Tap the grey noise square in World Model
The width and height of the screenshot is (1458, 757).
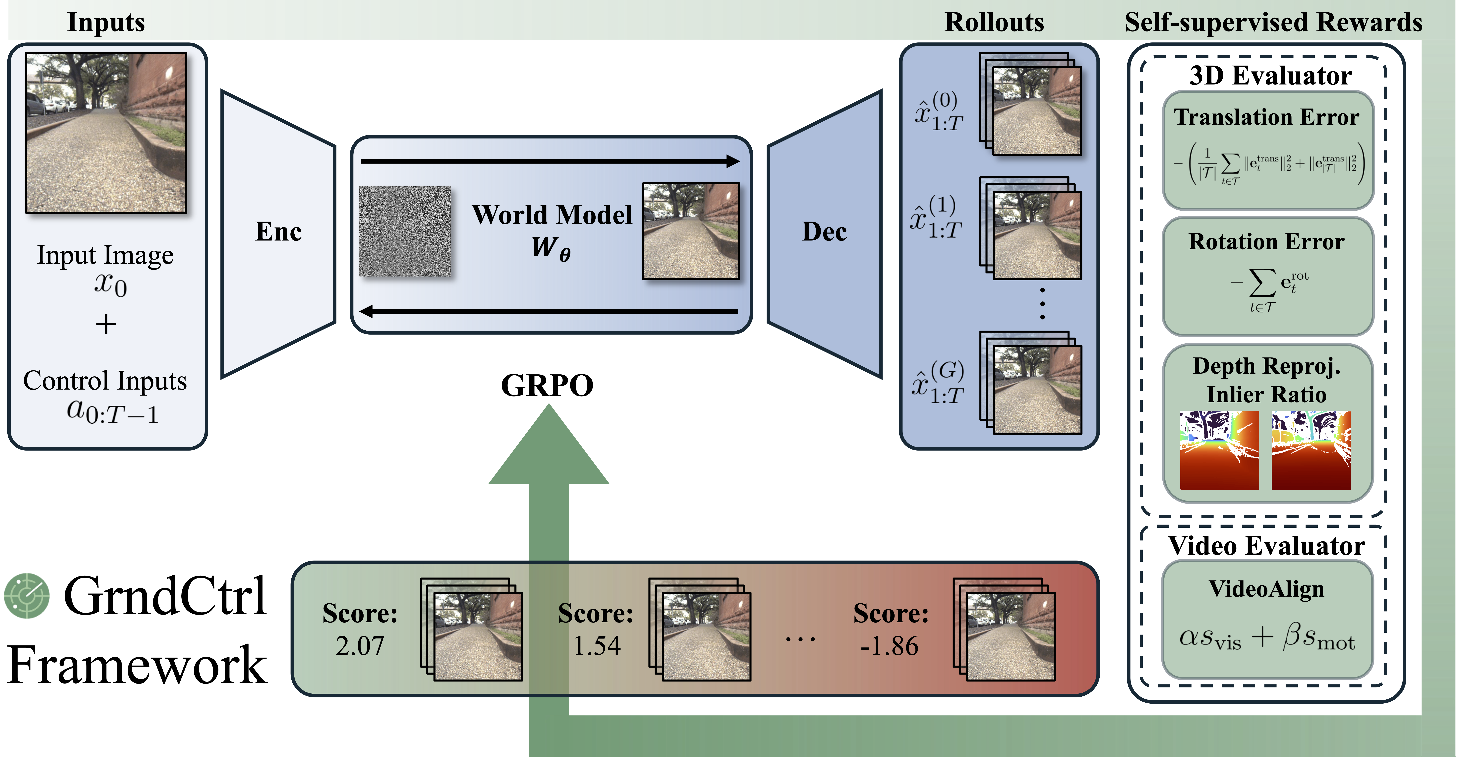point(405,231)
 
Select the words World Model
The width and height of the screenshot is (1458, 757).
point(552,215)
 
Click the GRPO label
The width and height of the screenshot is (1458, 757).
point(547,386)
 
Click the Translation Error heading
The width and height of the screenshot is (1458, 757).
point(1267,117)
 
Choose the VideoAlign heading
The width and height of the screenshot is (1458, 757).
point(1267,589)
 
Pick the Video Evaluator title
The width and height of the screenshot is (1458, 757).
point(1267,546)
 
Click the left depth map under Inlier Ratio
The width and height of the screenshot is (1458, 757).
point(1219,450)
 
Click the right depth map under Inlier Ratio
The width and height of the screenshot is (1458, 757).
point(1311,450)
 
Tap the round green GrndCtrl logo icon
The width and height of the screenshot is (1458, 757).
point(27,596)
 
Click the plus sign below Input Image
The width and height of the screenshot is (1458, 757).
point(106,324)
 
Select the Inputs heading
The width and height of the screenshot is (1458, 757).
point(106,23)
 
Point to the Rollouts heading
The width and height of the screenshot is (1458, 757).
point(994,23)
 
